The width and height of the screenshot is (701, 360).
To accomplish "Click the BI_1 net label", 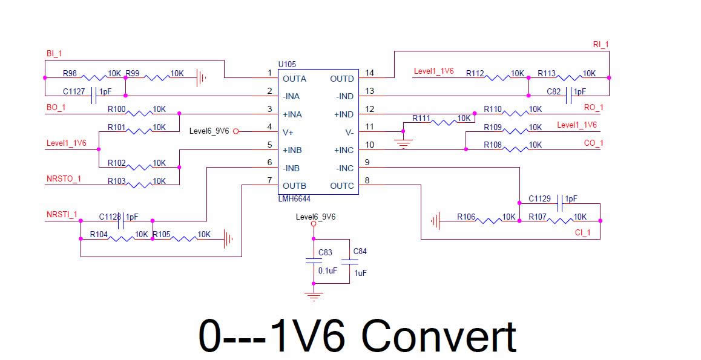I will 54,54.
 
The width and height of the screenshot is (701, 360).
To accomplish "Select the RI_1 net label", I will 601,44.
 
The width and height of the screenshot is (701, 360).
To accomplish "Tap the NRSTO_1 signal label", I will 64,179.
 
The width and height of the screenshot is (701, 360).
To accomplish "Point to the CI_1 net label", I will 582,233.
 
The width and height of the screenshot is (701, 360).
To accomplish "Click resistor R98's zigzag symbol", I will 93,77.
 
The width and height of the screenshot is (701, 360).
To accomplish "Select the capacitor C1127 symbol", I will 94,96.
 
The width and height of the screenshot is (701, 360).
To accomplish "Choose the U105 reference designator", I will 287,64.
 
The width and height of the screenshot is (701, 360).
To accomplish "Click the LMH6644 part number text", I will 294,198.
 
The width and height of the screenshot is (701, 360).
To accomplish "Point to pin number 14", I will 369,73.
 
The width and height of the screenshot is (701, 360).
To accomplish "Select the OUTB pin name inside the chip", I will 294,186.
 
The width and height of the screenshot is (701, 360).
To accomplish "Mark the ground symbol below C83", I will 314,296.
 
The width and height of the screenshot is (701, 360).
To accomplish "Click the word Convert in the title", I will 439,336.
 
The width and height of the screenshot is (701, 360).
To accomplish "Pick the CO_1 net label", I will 593,143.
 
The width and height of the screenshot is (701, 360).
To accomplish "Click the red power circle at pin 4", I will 236,131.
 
